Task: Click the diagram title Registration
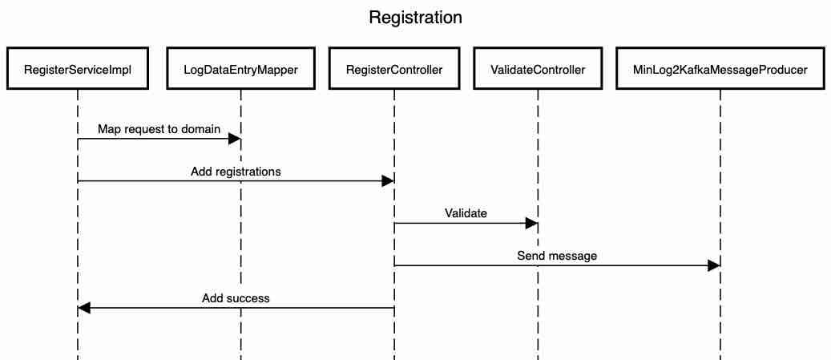[x=415, y=18]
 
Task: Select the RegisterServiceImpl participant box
[x=78, y=70]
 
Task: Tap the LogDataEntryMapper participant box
[x=240, y=70]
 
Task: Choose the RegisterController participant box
[x=393, y=70]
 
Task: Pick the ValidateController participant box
[x=538, y=70]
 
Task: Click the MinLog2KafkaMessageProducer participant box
[x=720, y=70]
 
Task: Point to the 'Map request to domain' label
[x=159, y=129]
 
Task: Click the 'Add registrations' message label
[x=236, y=172]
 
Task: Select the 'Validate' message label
[x=466, y=214]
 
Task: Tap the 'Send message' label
[x=557, y=257]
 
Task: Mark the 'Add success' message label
[x=236, y=298]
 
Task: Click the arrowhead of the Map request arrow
[x=235, y=140]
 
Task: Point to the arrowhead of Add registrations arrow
[x=387, y=181]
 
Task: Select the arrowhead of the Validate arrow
[x=531, y=224]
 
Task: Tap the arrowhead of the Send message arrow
[x=713, y=266]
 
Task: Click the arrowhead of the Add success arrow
[x=84, y=308]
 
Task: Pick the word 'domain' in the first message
[x=200, y=129]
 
